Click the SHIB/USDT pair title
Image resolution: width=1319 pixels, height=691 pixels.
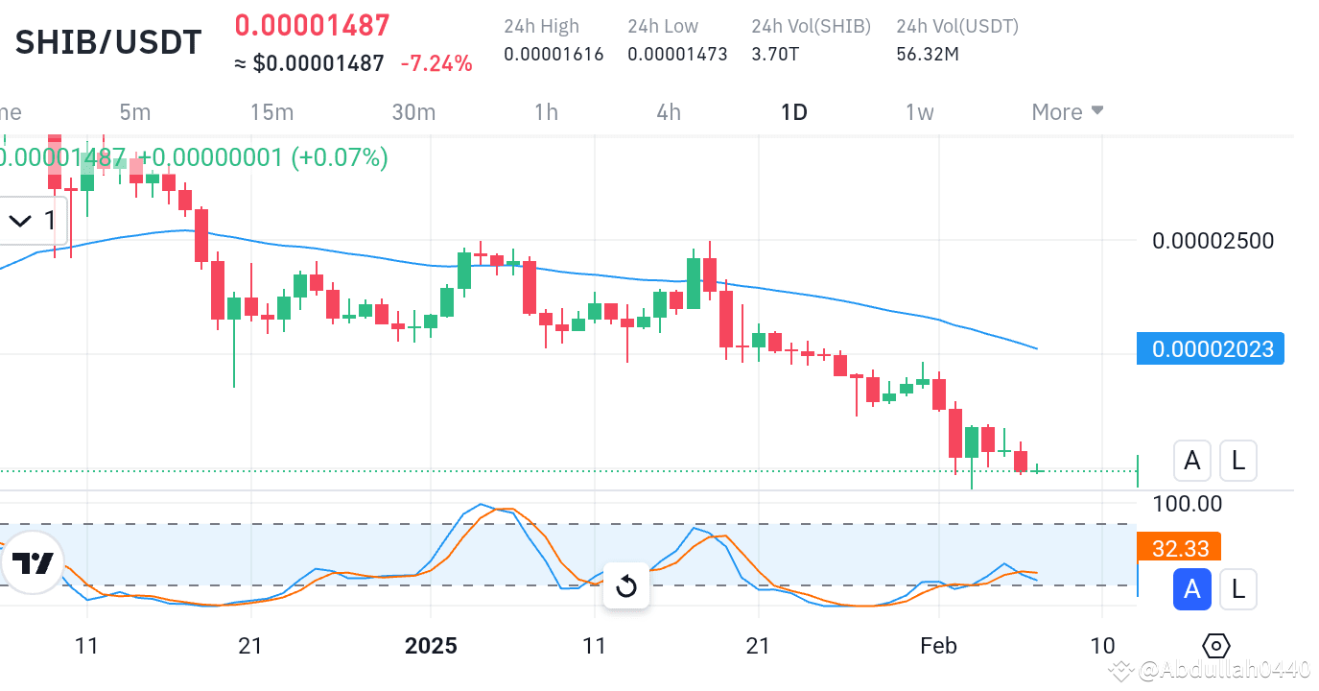click(x=108, y=42)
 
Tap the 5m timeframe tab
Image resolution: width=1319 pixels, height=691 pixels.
click(x=135, y=112)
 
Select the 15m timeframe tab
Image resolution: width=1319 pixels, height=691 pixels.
click(x=271, y=112)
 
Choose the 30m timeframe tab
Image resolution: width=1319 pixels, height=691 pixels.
click(x=413, y=112)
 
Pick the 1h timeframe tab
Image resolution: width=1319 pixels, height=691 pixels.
click(x=546, y=112)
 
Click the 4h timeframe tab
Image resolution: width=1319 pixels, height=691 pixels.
click(x=669, y=112)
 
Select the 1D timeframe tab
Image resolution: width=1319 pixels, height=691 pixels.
click(x=794, y=112)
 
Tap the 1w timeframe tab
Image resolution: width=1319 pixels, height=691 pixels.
click(x=919, y=112)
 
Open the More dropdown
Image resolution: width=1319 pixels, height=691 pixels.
click(x=1068, y=112)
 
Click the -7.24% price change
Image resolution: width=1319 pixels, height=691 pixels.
click(x=436, y=64)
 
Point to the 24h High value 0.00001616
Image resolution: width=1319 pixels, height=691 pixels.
click(x=554, y=55)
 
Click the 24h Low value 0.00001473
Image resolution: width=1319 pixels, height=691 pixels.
click(x=677, y=55)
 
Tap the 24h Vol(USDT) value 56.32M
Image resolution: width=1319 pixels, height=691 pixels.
click(x=928, y=55)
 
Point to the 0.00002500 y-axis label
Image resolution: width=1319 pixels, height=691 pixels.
click(x=1213, y=240)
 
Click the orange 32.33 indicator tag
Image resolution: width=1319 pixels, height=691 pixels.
click(x=1180, y=549)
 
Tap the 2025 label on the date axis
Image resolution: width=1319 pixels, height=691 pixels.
click(x=431, y=646)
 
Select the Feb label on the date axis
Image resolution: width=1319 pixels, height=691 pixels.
click(x=938, y=646)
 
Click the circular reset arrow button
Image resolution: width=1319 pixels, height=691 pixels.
click(x=626, y=585)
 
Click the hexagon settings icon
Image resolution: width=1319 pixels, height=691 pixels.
click(x=1215, y=646)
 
